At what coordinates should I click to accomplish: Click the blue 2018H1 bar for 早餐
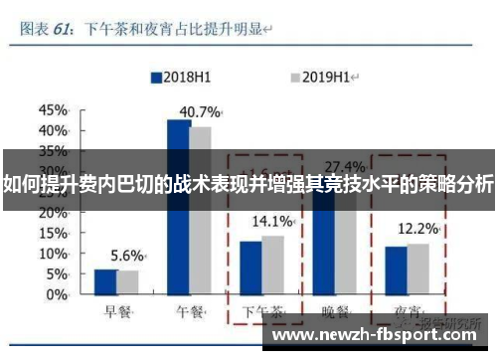point(105,282)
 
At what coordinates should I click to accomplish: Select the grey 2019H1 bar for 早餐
point(127,283)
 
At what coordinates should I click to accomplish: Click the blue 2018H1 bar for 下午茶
point(250,269)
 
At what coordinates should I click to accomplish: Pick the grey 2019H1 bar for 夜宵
point(418,270)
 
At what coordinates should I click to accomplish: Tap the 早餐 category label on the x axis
point(116,311)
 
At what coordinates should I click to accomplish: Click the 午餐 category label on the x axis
point(190,311)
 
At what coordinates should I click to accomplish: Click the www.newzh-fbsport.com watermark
point(379,336)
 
